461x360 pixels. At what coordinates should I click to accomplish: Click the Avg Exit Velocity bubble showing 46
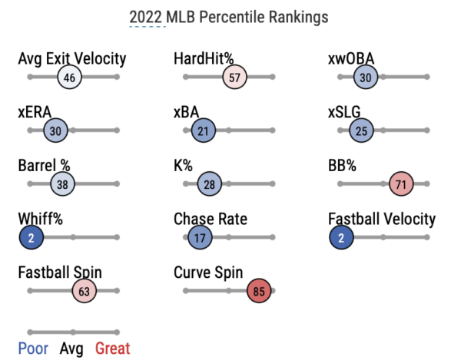click(69, 78)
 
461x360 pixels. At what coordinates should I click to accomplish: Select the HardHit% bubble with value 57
click(235, 78)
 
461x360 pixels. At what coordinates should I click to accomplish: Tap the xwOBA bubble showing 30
click(366, 78)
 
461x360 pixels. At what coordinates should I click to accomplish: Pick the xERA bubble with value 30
click(55, 131)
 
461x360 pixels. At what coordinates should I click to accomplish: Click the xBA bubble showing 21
click(203, 131)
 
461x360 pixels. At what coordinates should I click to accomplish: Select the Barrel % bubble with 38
click(62, 184)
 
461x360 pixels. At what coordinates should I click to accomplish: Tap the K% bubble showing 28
click(209, 184)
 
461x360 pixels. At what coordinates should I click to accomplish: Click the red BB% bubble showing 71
click(402, 184)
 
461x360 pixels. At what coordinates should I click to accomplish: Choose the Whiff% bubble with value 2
click(31, 238)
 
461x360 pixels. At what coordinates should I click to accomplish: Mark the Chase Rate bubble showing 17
click(200, 238)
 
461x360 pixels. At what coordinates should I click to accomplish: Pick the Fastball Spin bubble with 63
click(85, 291)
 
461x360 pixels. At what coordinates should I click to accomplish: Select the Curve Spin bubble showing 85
click(259, 291)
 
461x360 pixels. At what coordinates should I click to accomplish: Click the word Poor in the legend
click(33, 348)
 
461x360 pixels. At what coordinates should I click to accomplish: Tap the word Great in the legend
click(113, 348)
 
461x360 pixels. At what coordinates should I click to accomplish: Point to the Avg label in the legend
click(72, 348)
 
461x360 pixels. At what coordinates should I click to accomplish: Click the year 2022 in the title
click(146, 16)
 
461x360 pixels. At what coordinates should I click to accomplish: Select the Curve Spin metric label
click(209, 272)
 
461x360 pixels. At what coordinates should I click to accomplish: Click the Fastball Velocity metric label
click(381, 220)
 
